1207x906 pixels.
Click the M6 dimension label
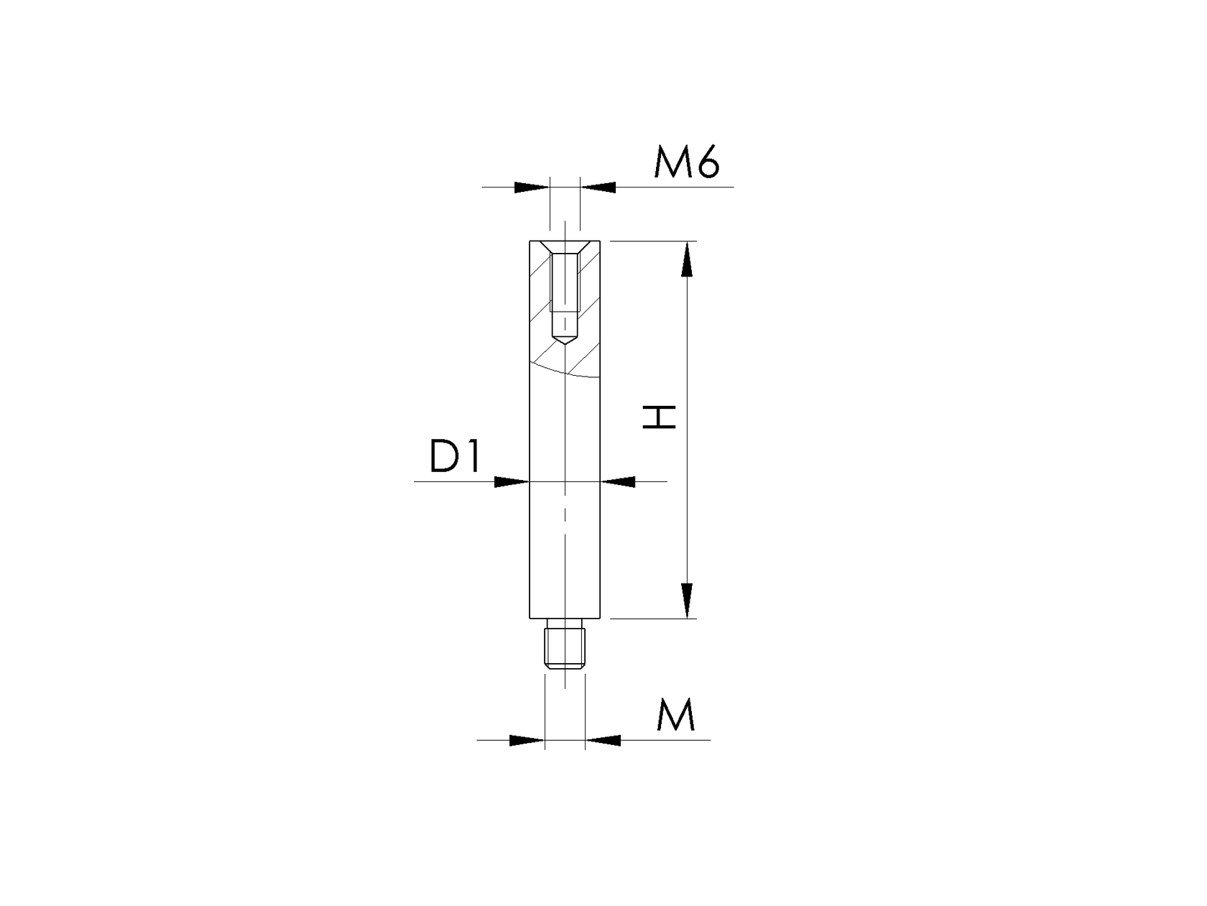click(686, 165)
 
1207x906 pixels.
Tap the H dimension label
click(660, 417)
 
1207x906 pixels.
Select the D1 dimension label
click(454, 456)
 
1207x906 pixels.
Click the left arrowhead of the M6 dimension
click(532, 188)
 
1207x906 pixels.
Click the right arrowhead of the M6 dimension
click(598, 188)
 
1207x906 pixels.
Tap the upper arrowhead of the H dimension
click(688, 259)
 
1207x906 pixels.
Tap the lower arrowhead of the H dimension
click(688, 600)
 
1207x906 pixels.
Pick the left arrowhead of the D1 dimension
click(512, 481)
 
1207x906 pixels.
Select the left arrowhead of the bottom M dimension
click(527, 739)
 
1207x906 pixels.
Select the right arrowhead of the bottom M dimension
click(603, 739)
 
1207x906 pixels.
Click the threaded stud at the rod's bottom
click(565, 650)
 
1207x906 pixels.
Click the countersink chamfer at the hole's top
click(565, 247)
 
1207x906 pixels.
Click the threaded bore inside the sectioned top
click(565, 287)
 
